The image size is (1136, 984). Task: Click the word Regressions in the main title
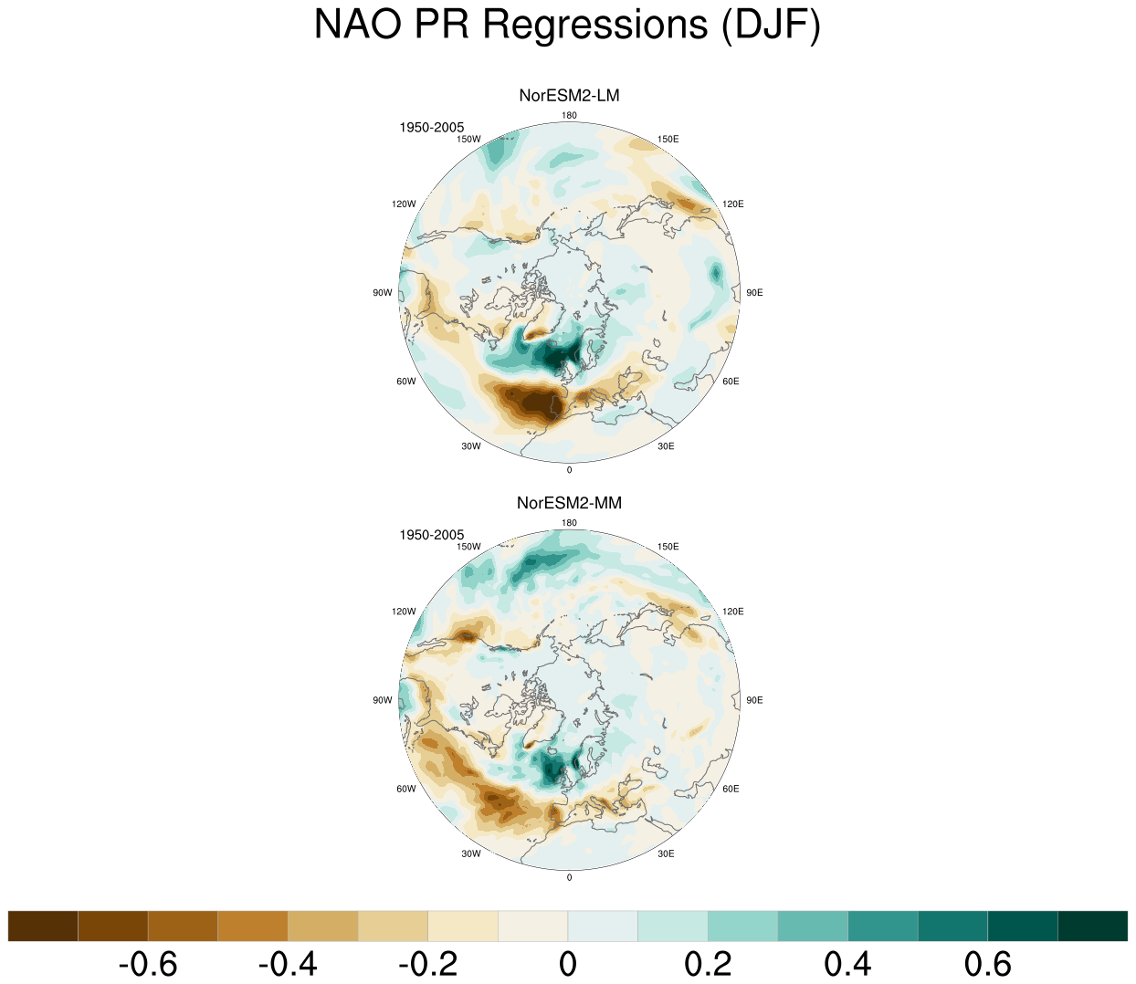point(595,26)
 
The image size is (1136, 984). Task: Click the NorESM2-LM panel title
point(569,96)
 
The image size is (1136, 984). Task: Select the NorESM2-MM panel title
point(569,503)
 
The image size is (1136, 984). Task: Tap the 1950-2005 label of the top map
point(431,128)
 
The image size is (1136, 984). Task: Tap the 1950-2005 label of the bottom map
point(431,535)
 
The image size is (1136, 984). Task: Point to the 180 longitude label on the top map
point(569,115)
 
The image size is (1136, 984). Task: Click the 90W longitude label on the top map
point(383,293)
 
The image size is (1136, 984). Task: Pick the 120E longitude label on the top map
point(732,204)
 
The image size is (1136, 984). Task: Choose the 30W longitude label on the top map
point(471,446)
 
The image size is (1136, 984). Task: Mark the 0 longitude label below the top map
point(569,470)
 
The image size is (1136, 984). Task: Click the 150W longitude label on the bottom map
point(468,547)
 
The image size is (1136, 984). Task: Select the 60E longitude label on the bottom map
point(731,789)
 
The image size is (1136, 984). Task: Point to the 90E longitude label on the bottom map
point(754,700)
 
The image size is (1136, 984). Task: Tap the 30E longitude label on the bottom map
point(666,853)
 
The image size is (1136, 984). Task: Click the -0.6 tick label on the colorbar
point(148,964)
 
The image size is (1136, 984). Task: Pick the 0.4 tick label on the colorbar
point(847,964)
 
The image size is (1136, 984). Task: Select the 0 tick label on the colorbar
point(568,964)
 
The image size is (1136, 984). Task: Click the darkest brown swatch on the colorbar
point(43,926)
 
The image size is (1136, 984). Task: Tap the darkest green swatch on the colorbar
point(1092,926)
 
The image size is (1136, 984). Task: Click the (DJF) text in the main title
point(771,26)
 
